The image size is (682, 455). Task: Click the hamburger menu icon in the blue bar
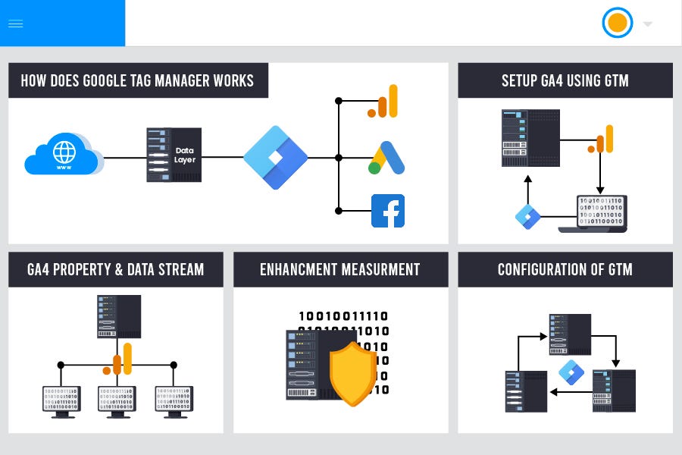tap(15, 24)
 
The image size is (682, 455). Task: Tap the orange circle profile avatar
tap(617, 23)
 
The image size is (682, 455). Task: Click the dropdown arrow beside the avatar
tap(647, 24)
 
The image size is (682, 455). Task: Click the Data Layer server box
tap(174, 155)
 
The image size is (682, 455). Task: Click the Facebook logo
tap(387, 211)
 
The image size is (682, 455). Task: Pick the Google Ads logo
tap(387, 158)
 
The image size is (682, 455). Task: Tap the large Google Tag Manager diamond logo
tap(276, 158)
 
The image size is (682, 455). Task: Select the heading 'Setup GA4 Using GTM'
tap(565, 80)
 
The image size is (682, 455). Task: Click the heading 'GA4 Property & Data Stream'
tap(115, 269)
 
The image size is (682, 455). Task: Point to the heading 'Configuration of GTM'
tap(565, 269)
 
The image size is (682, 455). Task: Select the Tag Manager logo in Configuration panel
tap(571, 372)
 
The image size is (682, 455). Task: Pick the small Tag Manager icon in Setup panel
tap(527, 216)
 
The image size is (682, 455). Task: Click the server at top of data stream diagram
tap(119, 316)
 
